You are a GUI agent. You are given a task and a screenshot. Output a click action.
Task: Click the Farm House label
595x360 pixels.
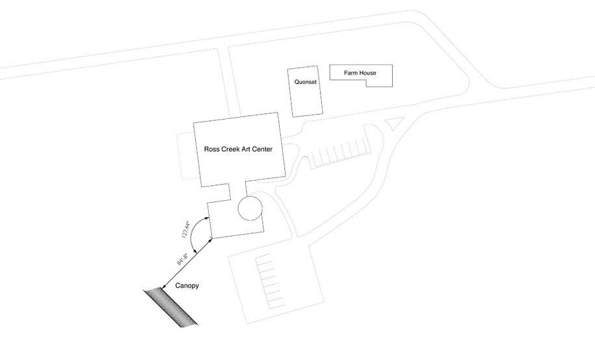click(x=360, y=73)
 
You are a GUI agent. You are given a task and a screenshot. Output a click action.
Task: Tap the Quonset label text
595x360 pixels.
click(x=305, y=82)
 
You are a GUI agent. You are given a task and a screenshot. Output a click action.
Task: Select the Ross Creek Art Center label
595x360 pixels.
click(x=238, y=149)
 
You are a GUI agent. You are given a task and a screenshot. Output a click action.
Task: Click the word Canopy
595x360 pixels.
click(x=187, y=286)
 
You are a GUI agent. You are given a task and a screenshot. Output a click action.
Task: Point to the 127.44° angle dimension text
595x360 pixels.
click(x=187, y=229)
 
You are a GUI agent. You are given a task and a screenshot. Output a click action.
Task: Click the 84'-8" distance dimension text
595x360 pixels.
click(x=182, y=259)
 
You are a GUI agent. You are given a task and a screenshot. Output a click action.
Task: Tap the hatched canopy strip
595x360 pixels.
click(x=171, y=307)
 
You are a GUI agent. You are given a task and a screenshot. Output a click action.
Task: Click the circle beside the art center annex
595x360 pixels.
click(x=250, y=208)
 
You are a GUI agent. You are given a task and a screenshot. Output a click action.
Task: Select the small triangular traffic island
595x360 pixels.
click(x=395, y=123)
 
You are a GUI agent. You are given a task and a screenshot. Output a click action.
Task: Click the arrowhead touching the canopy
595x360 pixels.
click(x=165, y=287)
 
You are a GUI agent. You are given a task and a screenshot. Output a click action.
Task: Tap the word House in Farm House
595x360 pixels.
click(x=368, y=73)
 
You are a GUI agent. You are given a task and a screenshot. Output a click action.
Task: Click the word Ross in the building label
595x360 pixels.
click(x=211, y=149)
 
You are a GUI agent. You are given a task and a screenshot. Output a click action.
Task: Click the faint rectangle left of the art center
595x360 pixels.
click(x=187, y=156)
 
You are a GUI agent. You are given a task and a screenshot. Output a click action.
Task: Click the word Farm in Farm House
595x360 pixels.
click(x=351, y=73)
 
